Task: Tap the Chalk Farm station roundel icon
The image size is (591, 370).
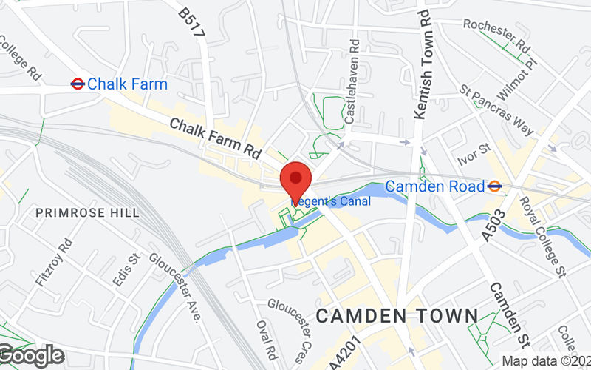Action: [x=76, y=84]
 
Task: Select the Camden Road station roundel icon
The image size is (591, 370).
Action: [x=495, y=186]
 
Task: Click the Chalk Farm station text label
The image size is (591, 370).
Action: [x=127, y=84]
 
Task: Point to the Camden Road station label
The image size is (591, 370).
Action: [x=436, y=186]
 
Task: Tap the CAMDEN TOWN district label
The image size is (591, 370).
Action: [x=397, y=316]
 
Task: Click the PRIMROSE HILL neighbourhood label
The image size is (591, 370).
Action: [x=87, y=213]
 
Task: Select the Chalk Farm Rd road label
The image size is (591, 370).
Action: [x=215, y=138]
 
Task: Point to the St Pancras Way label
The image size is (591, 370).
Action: [x=496, y=111]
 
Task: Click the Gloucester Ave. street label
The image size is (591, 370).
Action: [x=175, y=289]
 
